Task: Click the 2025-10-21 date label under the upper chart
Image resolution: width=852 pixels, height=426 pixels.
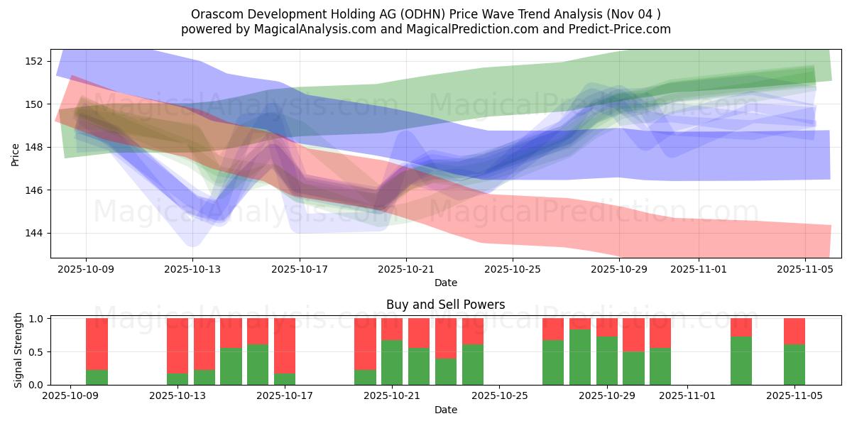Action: click(x=405, y=269)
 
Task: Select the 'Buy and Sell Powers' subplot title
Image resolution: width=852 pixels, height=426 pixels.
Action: click(x=445, y=305)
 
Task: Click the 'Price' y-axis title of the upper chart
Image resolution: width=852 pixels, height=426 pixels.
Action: click(x=16, y=153)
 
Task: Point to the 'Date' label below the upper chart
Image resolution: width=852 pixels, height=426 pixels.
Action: click(x=445, y=283)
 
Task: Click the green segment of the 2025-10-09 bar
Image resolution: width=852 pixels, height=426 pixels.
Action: click(x=97, y=377)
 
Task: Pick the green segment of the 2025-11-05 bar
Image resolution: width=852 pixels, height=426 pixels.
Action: click(x=794, y=364)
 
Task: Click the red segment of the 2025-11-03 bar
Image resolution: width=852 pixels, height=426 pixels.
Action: click(x=741, y=327)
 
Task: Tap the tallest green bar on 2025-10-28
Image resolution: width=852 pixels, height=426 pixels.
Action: click(x=580, y=356)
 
